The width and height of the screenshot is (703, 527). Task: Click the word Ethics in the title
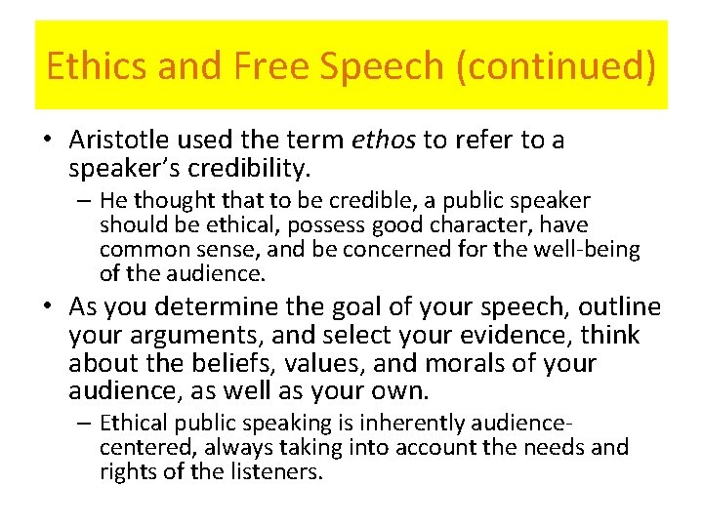coord(90,66)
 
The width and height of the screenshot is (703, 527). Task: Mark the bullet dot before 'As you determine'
coord(48,307)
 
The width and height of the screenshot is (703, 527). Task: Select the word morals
coord(442,364)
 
